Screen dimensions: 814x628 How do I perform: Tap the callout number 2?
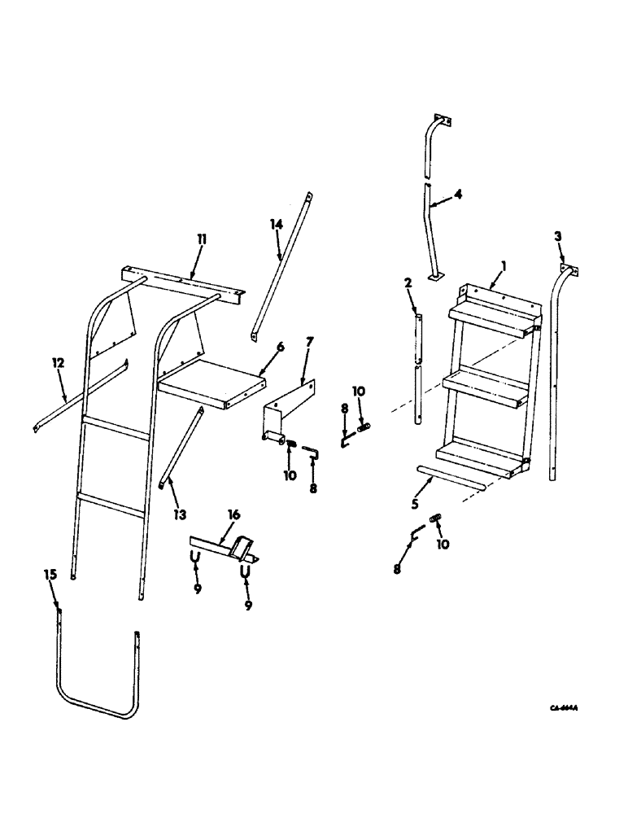click(407, 282)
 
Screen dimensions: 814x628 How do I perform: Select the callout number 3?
click(558, 235)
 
